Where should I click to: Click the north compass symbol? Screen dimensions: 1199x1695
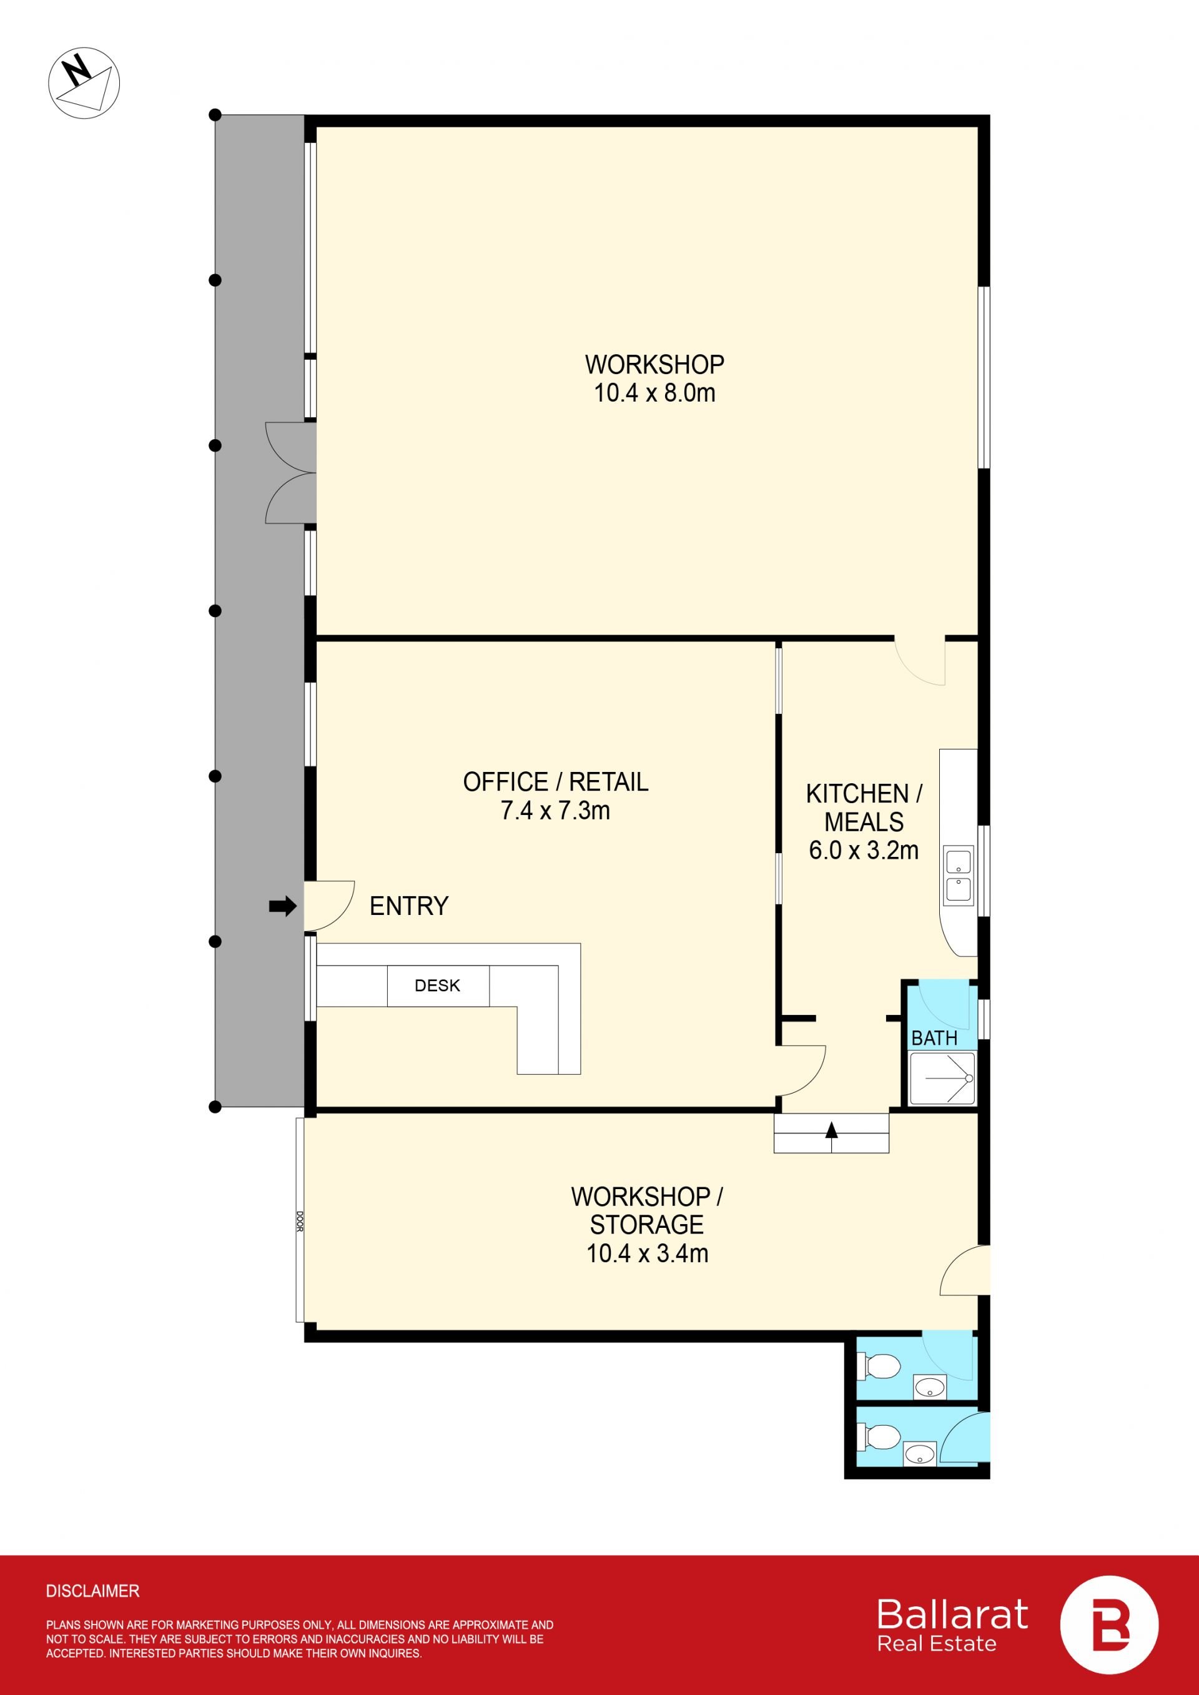click(84, 82)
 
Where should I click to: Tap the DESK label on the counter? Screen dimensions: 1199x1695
click(437, 986)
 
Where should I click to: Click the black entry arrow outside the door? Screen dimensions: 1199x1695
click(282, 906)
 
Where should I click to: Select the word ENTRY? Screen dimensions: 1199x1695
click(409, 906)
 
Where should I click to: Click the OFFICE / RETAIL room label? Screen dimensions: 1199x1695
click(555, 782)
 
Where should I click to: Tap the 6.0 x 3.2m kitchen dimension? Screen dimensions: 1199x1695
click(864, 851)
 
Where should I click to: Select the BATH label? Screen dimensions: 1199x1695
click(934, 1038)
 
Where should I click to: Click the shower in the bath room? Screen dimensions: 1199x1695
click(942, 1079)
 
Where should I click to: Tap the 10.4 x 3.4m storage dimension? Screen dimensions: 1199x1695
click(648, 1253)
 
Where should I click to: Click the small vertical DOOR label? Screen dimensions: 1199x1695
click(300, 1221)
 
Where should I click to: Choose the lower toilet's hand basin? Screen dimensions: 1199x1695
click(919, 1455)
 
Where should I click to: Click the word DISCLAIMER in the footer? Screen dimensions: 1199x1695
click(92, 1591)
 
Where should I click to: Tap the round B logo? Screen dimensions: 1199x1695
click(1109, 1625)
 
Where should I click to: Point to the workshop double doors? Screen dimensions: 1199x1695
click(291, 473)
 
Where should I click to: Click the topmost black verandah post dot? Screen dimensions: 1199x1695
click(215, 114)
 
